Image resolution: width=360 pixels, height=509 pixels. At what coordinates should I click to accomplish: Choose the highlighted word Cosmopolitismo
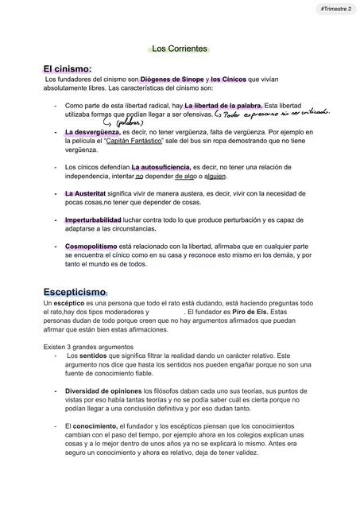click(x=94, y=247)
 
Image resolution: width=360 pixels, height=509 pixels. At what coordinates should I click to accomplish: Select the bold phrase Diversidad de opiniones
click(x=103, y=391)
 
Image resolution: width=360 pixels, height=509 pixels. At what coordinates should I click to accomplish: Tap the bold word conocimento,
click(x=96, y=426)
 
